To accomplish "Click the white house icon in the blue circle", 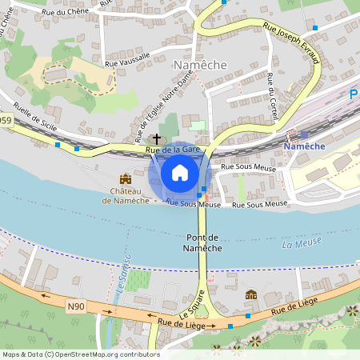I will [x=180, y=172].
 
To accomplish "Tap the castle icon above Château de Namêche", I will [x=125, y=179].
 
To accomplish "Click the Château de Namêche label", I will [x=125, y=195].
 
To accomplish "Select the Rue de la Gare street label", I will [x=172, y=150].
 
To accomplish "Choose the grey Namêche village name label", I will [x=201, y=65].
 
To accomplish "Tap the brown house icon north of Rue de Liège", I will [x=251, y=295].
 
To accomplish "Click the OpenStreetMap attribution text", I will [x=81, y=354].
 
